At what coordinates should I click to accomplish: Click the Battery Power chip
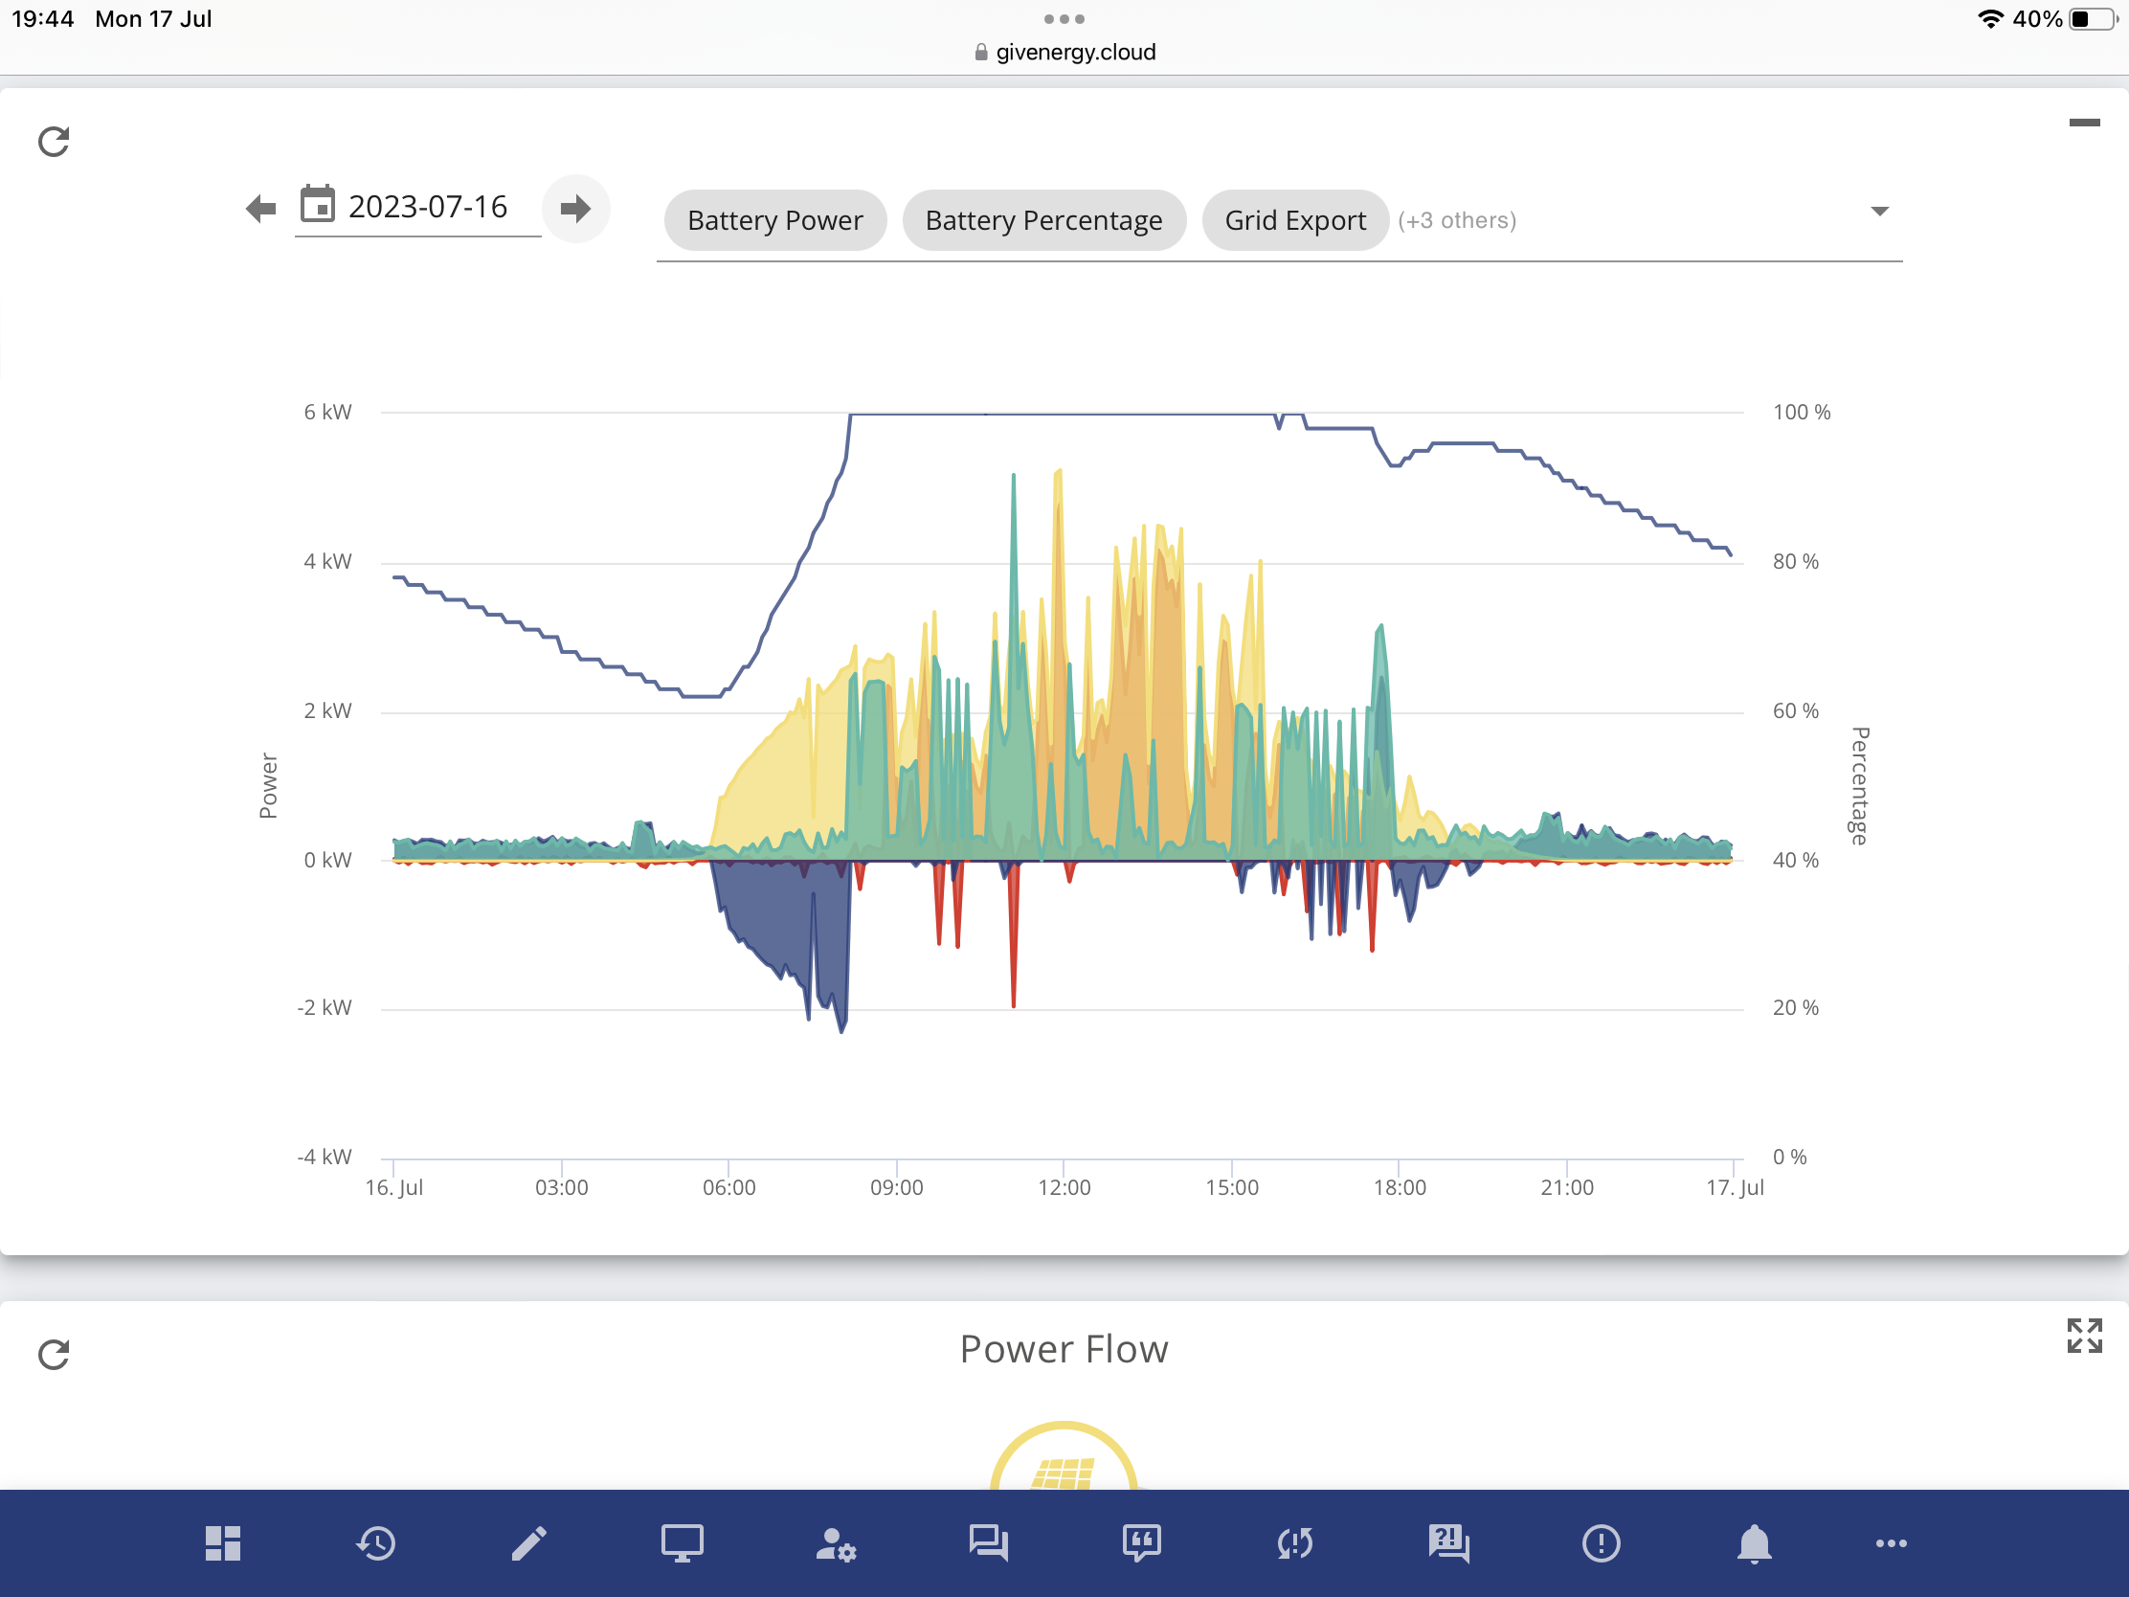[x=774, y=220]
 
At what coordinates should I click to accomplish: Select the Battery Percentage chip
[x=1043, y=220]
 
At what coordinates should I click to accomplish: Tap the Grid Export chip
[x=1294, y=220]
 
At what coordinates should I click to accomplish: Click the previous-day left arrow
[x=260, y=208]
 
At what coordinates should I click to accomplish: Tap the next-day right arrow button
[x=575, y=208]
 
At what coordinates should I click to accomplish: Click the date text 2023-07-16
[x=427, y=207]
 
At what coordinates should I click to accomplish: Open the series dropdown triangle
[x=1879, y=211]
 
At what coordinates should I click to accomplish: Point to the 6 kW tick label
[x=328, y=412]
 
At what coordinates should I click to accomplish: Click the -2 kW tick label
[x=325, y=1008]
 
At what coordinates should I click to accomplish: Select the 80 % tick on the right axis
[x=1796, y=561]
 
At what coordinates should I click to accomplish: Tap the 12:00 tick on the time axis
[x=1064, y=1188]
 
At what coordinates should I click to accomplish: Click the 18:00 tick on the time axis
[x=1400, y=1188]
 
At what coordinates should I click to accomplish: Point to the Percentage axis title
[x=1859, y=785]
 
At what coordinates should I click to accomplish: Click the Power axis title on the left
[x=269, y=785]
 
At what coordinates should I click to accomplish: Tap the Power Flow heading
[x=1064, y=1350]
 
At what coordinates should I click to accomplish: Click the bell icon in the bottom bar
[x=1754, y=1544]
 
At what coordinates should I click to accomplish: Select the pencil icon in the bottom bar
[x=528, y=1543]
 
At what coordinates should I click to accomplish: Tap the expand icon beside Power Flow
[x=2084, y=1337]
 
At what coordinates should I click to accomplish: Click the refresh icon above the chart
[x=54, y=142]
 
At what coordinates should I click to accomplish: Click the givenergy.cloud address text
[x=1075, y=52]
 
